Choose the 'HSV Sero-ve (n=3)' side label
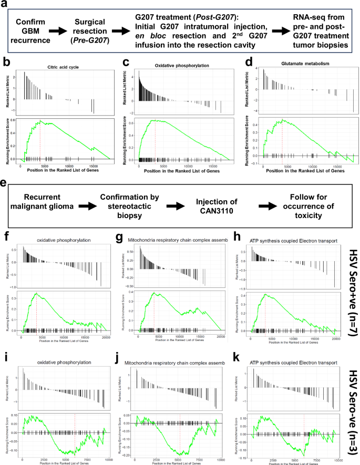click(350, 404)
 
